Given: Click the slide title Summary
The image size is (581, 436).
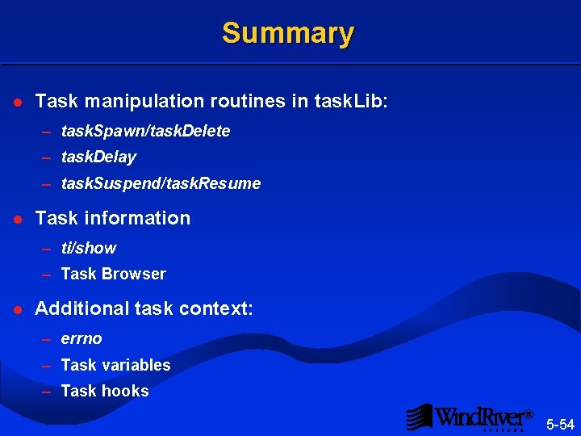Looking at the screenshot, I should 288,33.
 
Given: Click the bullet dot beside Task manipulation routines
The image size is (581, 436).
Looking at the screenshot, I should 18,103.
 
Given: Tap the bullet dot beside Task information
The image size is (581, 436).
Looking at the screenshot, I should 18,219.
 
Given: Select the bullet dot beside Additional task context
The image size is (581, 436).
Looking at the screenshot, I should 18,309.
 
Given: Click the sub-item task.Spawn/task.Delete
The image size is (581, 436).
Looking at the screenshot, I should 145,131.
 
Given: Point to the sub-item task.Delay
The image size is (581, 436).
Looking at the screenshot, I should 98,157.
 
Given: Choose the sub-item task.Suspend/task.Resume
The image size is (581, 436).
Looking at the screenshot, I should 161,183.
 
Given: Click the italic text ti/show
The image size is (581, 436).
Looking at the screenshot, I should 88,248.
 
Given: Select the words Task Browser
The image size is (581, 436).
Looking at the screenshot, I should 113,274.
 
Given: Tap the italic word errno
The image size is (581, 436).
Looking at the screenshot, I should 81,338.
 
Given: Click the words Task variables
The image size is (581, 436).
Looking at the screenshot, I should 115,365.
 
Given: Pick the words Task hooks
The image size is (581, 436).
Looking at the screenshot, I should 105,391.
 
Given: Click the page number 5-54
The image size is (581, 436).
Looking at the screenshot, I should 560,424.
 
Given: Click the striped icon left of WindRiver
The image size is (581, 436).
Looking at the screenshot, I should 419,417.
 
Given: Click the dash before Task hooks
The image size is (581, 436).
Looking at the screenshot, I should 47,392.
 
